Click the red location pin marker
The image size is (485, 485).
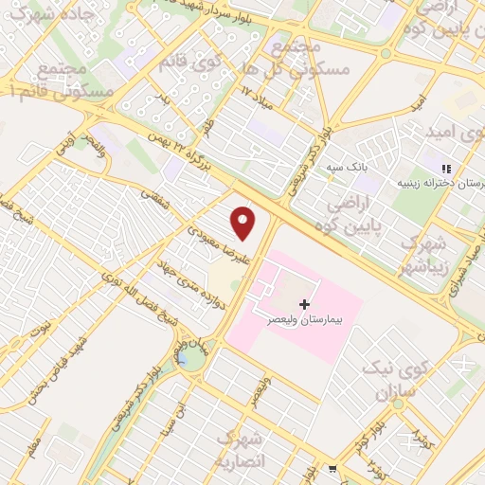point(243,223)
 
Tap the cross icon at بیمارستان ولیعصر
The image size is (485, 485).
point(304,304)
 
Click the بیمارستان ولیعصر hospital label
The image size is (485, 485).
point(304,320)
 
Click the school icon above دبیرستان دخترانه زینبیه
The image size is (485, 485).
point(446,169)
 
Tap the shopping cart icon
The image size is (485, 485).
point(332,468)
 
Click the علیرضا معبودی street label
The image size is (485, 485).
point(202,242)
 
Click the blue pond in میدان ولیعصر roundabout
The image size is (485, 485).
point(191,358)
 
